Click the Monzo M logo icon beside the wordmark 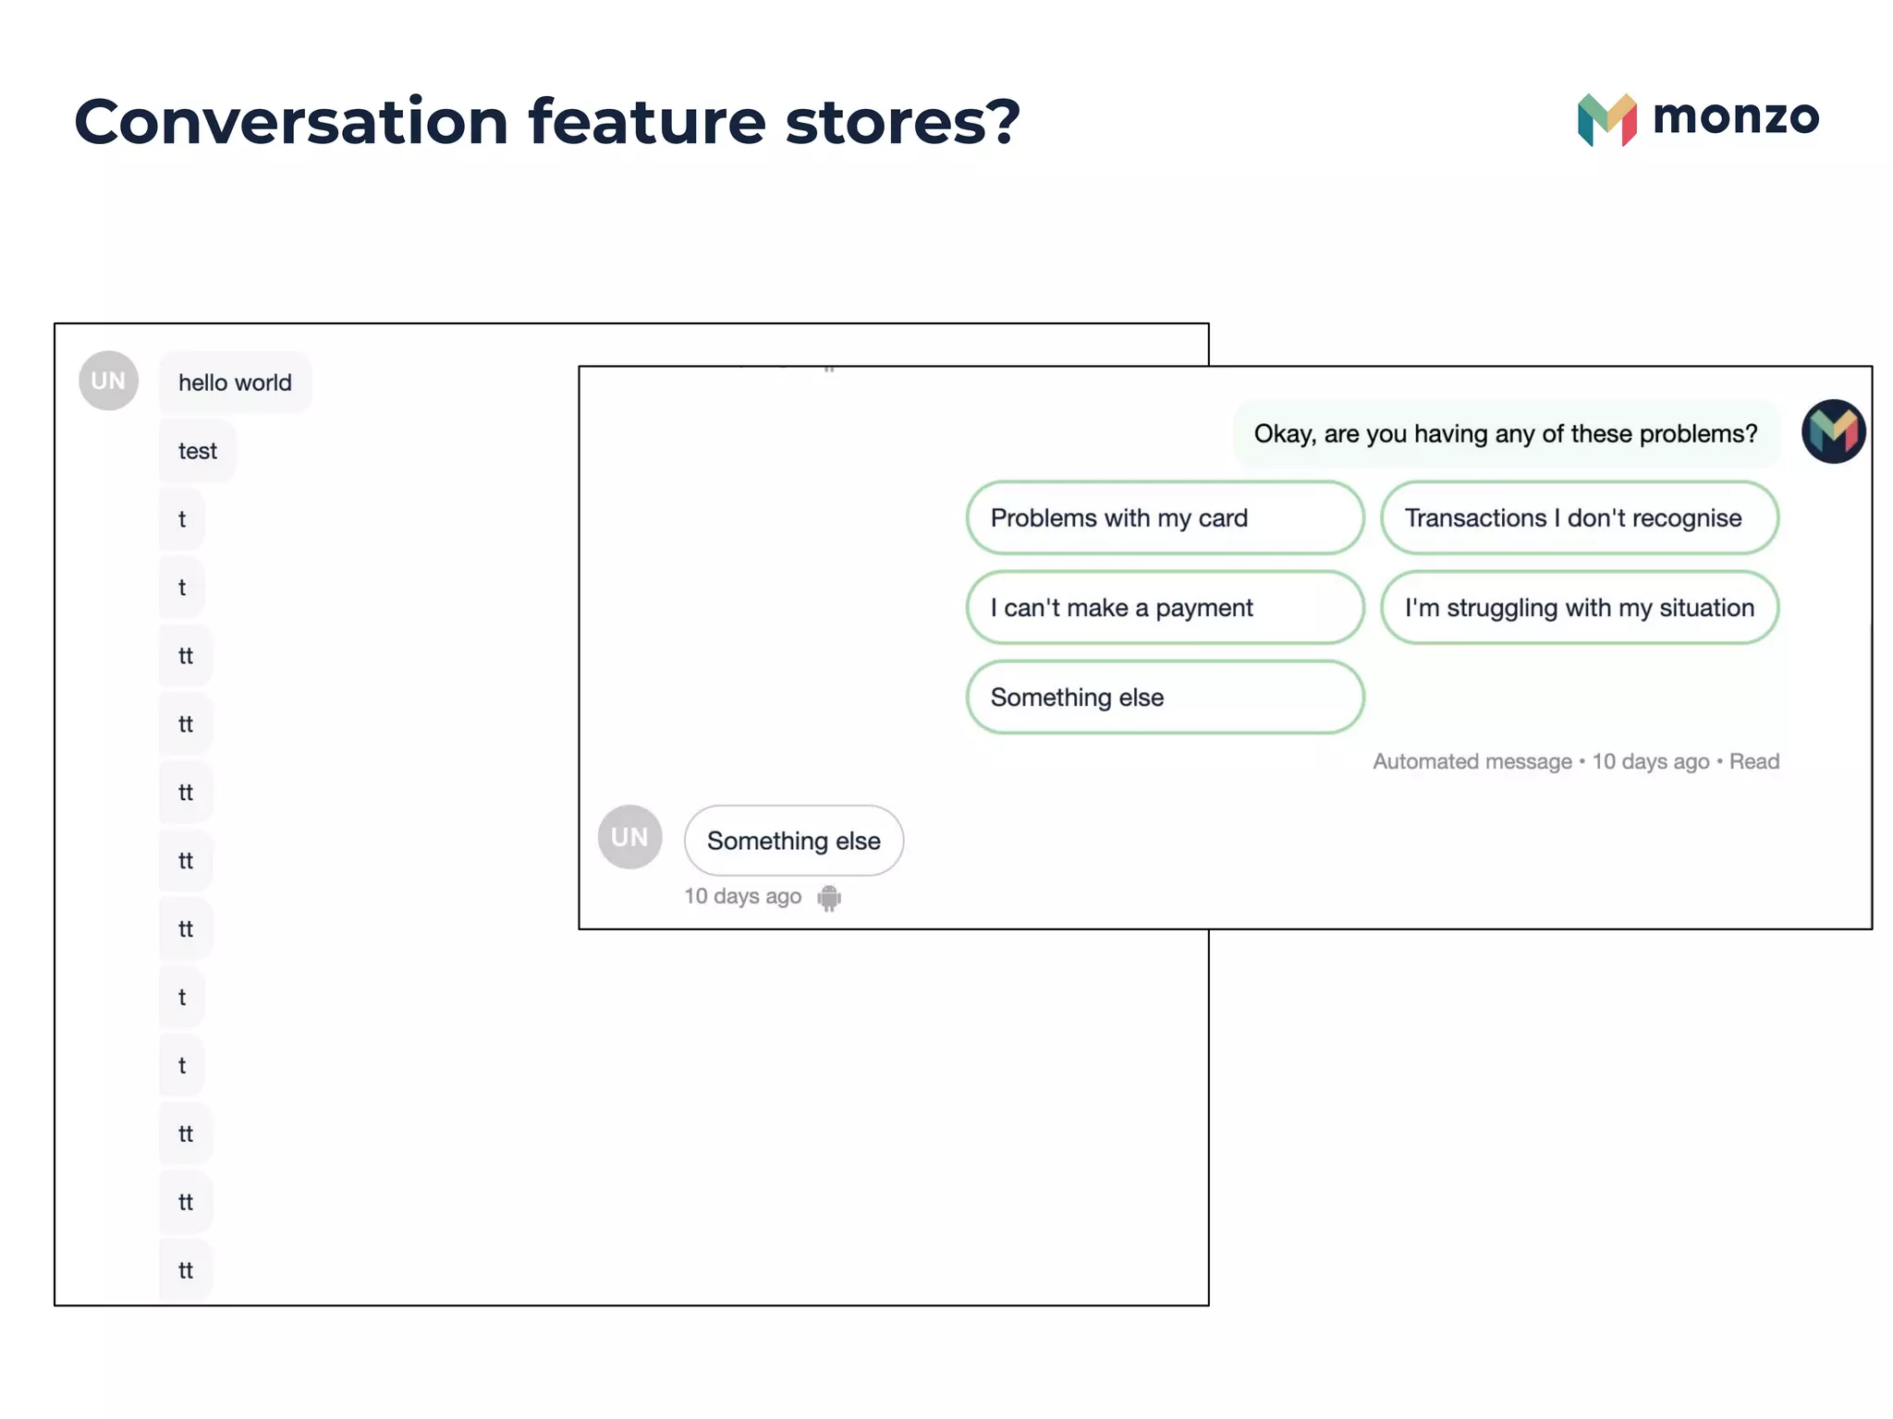point(1606,120)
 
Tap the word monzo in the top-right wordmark point(1735,116)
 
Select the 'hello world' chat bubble point(235,382)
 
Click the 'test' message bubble point(197,451)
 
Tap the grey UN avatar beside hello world point(108,381)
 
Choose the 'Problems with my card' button point(1164,518)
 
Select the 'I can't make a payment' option point(1164,608)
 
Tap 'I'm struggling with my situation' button point(1579,608)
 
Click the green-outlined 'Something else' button point(1164,697)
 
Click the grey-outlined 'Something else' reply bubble point(793,841)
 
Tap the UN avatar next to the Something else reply point(629,837)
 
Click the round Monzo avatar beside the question point(1833,431)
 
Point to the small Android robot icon point(829,897)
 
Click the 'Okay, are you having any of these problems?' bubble point(1505,434)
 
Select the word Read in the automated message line point(1753,761)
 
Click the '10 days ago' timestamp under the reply point(742,896)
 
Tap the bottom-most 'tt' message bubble point(186,1270)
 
